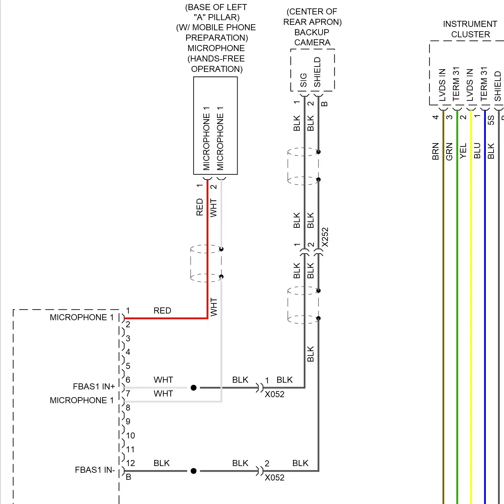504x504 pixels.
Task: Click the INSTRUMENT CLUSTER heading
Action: pos(470,29)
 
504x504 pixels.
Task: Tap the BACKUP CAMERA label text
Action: pos(312,37)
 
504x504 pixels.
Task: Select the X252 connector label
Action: pos(325,237)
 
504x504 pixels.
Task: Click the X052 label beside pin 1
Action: pos(275,394)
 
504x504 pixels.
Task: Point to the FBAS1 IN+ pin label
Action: pos(94,386)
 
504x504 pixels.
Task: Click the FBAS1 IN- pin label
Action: pos(95,470)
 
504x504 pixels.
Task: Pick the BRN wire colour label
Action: pos(435,151)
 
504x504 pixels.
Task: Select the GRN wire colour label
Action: pos(449,152)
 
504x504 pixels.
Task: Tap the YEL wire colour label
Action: pos(463,151)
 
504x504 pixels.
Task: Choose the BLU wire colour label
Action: pos(477,151)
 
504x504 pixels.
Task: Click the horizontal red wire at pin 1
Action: pos(166,318)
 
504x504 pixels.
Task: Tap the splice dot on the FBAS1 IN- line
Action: pos(194,471)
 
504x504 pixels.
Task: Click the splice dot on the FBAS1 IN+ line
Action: pos(194,388)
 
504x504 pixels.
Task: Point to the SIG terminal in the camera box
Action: pos(303,80)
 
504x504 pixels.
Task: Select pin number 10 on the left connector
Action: pos(130,435)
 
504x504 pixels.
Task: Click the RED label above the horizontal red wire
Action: pos(162,310)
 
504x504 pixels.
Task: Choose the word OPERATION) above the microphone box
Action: pos(217,69)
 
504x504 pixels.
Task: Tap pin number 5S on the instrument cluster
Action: pos(491,120)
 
